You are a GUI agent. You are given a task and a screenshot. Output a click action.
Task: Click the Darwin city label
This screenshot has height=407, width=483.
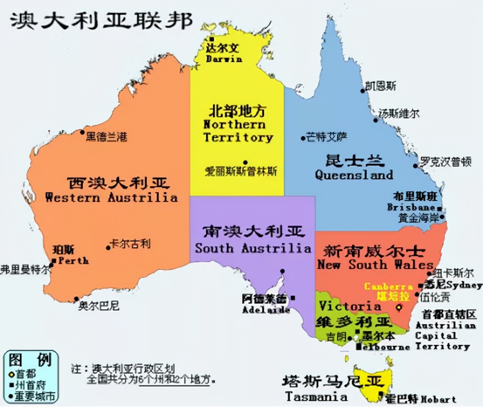tap(224, 59)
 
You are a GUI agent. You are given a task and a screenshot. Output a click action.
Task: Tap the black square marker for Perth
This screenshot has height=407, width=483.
tap(54, 260)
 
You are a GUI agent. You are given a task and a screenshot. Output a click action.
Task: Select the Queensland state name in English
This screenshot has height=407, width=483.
tap(354, 175)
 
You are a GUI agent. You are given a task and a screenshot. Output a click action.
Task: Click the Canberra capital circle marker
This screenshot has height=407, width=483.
tap(399, 307)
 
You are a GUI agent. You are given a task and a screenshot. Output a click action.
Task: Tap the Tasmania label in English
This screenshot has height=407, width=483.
tap(316, 396)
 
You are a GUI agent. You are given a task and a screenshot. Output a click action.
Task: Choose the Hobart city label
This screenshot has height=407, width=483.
tap(438, 399)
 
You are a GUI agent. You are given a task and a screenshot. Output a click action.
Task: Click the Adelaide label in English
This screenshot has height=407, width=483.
tap(266, 310)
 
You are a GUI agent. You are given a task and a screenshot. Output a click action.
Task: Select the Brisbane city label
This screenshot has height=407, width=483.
tap(411, 207)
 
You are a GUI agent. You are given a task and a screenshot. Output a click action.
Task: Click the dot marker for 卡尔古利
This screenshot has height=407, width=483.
tap(108, 248)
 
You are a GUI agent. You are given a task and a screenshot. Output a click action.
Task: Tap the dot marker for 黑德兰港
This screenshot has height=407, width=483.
tap(82, 132)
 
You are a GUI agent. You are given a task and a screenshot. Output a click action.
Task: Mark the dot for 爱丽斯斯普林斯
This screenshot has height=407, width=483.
tap(245, 162)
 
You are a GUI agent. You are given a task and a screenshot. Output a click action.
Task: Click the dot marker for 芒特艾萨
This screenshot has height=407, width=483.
tap(303, 138)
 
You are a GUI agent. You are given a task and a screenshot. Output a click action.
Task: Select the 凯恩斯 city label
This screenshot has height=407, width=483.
tap(381, 86)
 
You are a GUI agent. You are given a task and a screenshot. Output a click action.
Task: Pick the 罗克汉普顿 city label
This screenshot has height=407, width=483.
tap(445, 162)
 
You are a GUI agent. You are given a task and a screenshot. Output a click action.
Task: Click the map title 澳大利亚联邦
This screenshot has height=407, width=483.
tap(102, 20)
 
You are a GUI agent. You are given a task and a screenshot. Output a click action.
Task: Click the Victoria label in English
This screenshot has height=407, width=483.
tap(350, 306)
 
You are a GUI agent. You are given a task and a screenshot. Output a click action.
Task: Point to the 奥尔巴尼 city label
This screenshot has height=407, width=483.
tap(99, 306)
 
